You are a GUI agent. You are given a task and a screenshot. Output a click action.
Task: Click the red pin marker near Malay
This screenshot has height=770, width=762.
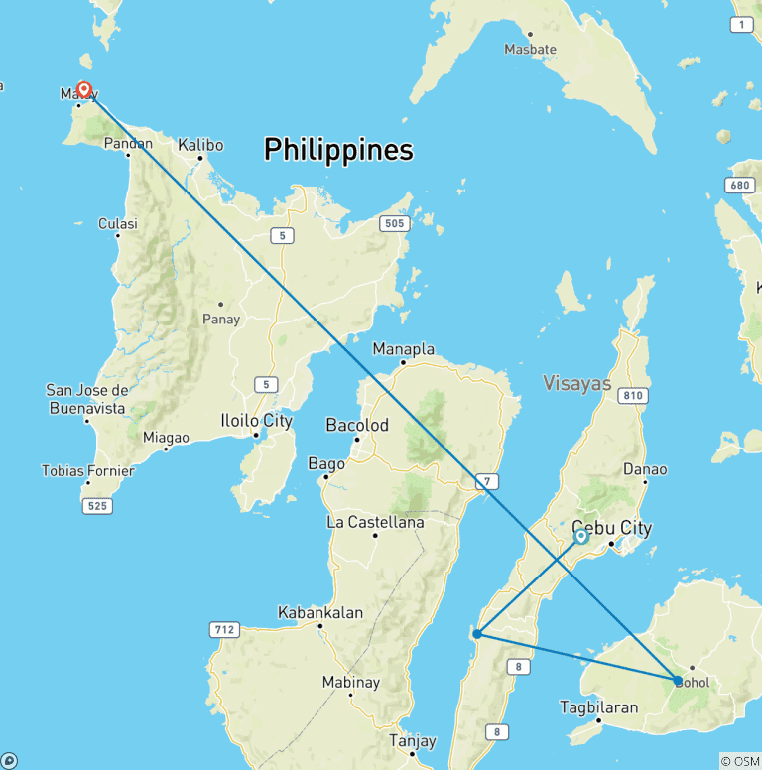tap(84, 90)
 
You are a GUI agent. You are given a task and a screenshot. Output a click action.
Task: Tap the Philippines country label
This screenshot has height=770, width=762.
tap(338, 150)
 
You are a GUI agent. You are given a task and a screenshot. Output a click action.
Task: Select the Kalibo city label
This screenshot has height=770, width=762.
tap(200, 145)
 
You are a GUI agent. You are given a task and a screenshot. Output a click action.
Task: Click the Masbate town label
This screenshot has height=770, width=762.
tap(530, 49)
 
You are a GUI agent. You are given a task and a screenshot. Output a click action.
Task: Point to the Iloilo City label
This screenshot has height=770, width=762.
tap(256, 421)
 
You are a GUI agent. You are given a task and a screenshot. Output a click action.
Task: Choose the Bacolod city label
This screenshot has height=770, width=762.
tap(357, 425)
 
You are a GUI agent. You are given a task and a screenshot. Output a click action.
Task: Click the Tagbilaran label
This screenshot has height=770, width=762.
tap(598, 707)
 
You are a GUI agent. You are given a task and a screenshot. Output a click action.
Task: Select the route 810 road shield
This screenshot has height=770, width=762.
tap(631, 396)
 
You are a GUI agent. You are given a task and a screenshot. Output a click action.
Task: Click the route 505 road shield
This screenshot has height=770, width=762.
tap(394, 224)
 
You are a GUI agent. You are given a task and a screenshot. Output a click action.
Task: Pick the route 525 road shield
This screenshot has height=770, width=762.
tap(98, 506)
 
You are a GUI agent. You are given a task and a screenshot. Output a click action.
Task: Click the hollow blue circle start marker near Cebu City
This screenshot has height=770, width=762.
tap(581, 536)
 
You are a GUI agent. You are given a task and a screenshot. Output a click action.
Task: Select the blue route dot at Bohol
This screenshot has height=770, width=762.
tap(678, 681)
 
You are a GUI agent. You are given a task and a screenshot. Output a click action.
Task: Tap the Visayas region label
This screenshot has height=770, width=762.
tap(577, 383)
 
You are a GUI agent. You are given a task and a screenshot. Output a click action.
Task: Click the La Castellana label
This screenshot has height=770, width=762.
tap(375, 522)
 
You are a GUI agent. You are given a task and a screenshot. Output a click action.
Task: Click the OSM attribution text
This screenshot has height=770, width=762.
tap(740, 761)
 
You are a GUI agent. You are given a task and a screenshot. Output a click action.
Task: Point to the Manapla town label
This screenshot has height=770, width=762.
tap(403, 349)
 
